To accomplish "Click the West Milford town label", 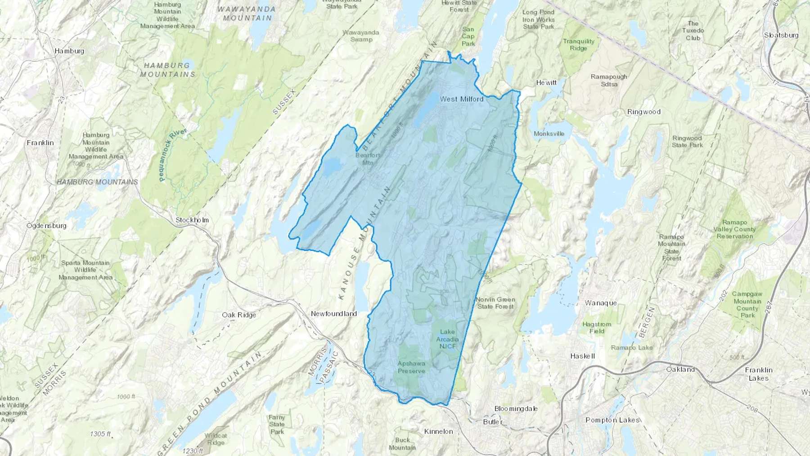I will [x=461, y=99].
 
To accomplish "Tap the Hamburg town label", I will [x=69, y=51].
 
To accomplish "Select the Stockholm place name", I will [x=192, y=220].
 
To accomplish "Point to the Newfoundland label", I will [x=334, y=313].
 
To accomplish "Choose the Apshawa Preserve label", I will [x=411, y=367].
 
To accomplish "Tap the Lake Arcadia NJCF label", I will [x=447, y=339].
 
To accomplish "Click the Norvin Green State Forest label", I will [x=495, y=303].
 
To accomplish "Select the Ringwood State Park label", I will [x=687, y=141].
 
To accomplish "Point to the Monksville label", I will [x=549, y=134].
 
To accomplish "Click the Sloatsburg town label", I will [x=781, y=35].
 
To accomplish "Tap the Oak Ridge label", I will [x=239, y=315].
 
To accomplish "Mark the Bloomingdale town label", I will [x=516, y=409].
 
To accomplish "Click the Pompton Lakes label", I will [x=612, y=420].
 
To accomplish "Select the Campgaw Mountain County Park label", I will [x=747, y=305].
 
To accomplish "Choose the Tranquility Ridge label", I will [x=579, y=45].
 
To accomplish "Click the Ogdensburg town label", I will [x=46, y=226].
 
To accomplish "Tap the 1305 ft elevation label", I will [x=100, y=434].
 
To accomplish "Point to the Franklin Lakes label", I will [x=759, y=374].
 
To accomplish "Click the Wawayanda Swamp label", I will [x=361, y=36].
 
